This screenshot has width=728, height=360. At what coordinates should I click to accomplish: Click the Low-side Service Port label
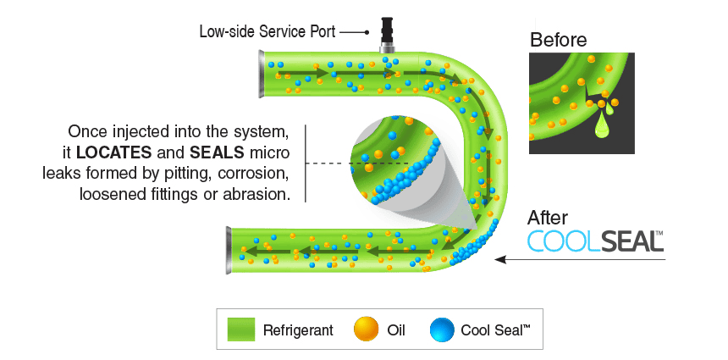pyautogui.click(x=267, y=32)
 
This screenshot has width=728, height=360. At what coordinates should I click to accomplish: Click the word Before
pyautogui.click(x=558, y=39)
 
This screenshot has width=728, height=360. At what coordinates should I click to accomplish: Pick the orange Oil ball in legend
pyautogui.click(x=365, y=329)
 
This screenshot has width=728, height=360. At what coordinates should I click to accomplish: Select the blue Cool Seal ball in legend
pyautogui.click(x=442, y=329)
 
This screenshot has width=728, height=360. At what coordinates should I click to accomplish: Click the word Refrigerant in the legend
pyautogui.click(x=297, y=330)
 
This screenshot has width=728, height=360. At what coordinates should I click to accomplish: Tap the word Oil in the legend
pyautogui.click(x=395, y=330)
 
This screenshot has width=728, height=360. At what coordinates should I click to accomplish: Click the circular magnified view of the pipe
pyautogui.click(x=399, y=161)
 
